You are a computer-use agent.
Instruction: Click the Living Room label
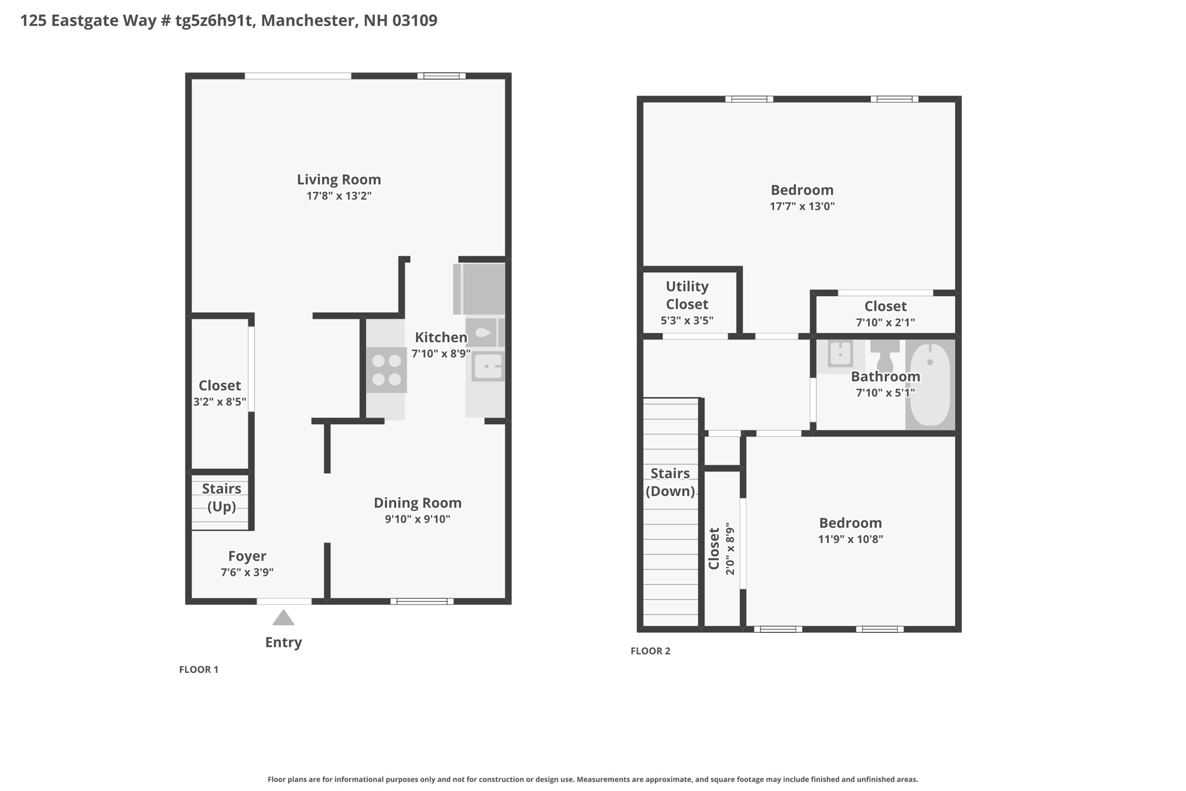339,180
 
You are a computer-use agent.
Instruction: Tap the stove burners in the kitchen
386,370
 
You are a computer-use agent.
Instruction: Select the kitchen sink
487,366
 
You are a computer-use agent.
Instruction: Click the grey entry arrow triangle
283,618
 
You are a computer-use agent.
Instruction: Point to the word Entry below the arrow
283,642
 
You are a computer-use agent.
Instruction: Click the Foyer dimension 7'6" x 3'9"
247,573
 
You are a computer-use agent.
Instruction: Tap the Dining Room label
418,503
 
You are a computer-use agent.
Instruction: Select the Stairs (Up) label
221,498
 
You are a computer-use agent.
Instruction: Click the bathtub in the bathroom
930,385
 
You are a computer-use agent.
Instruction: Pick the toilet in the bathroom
885,355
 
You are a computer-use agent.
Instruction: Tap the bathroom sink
840,354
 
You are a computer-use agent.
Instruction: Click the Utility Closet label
687,295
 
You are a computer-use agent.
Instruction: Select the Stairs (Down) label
670,482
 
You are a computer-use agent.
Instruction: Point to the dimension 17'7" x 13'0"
802,206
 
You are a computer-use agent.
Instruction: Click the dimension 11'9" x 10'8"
850,540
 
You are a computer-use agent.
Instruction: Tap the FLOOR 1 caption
199,669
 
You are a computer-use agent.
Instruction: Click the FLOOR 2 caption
650,651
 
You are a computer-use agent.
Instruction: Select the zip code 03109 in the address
415,20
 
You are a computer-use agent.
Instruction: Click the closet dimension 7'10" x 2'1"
885,322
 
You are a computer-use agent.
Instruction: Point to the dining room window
422,601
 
